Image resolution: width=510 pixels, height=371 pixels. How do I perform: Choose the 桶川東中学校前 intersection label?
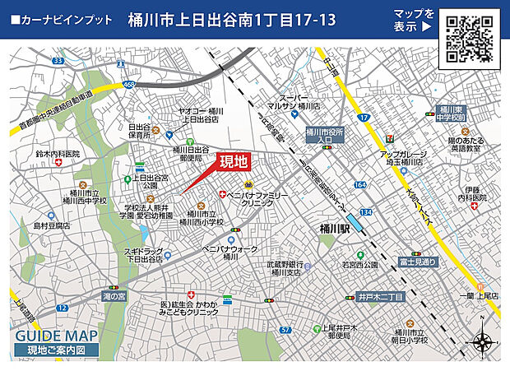coord(452,114)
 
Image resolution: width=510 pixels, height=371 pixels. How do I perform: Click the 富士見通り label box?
coord(418,261)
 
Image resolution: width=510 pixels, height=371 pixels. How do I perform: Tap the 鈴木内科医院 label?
coord(75,154)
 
